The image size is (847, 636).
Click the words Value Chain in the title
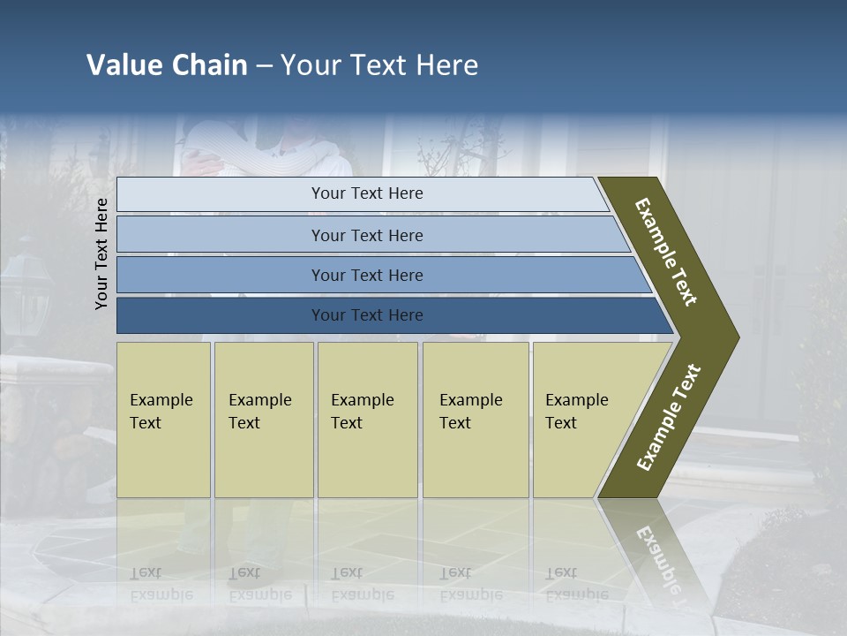tap(167, 65)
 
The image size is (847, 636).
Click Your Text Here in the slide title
tap(379, 65)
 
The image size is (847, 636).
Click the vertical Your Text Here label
tap(101, 254)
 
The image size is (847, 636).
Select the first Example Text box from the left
tap(163, 420)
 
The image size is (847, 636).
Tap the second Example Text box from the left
tap(264, 420)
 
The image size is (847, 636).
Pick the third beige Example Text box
tap(367, 420)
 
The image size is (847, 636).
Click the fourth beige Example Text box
tap(476, 420)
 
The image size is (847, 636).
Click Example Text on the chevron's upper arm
tap(666, 253)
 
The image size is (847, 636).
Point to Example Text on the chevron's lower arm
tap(669, 417)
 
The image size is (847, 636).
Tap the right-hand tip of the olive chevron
tap(734, 337)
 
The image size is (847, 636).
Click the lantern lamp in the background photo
tap(26, 291)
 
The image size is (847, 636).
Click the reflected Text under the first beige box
tap(146, 572)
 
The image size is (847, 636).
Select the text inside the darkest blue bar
tap(367, 315)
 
